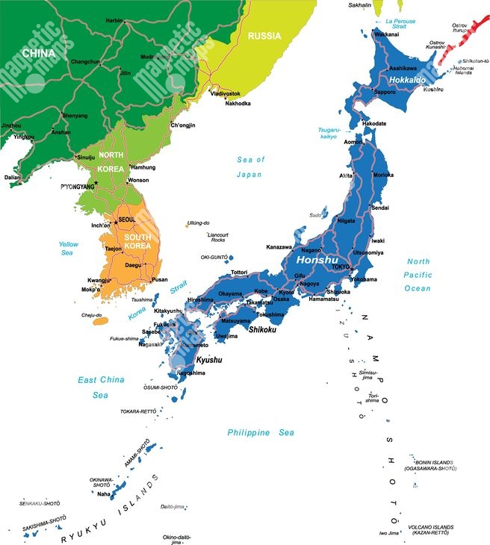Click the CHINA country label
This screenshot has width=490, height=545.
click(x=39, y=53)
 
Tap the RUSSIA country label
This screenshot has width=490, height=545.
click(x=264, y=36)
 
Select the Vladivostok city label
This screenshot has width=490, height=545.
click(x=225, y=93)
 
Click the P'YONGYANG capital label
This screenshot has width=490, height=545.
click(x=78, y=186)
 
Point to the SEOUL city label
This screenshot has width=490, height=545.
click(x=127, y=219)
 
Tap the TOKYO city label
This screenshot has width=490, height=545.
click(x=341, y=267)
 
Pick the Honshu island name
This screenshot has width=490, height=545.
click(x=317, y=261)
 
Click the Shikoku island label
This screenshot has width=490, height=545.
click(x=263, y=329)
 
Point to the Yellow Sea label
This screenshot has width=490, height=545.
click(x=69, y=249)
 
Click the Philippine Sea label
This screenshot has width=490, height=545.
click(x=261, y=432)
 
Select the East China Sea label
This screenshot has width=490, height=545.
click(x=101, y=387)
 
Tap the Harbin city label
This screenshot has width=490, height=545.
click(x=114, y=21)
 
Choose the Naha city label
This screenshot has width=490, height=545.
click(x=103, y=493)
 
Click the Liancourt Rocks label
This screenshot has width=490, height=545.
click(x=217, y=237)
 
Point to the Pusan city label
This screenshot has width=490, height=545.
click(x=160, y=280)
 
